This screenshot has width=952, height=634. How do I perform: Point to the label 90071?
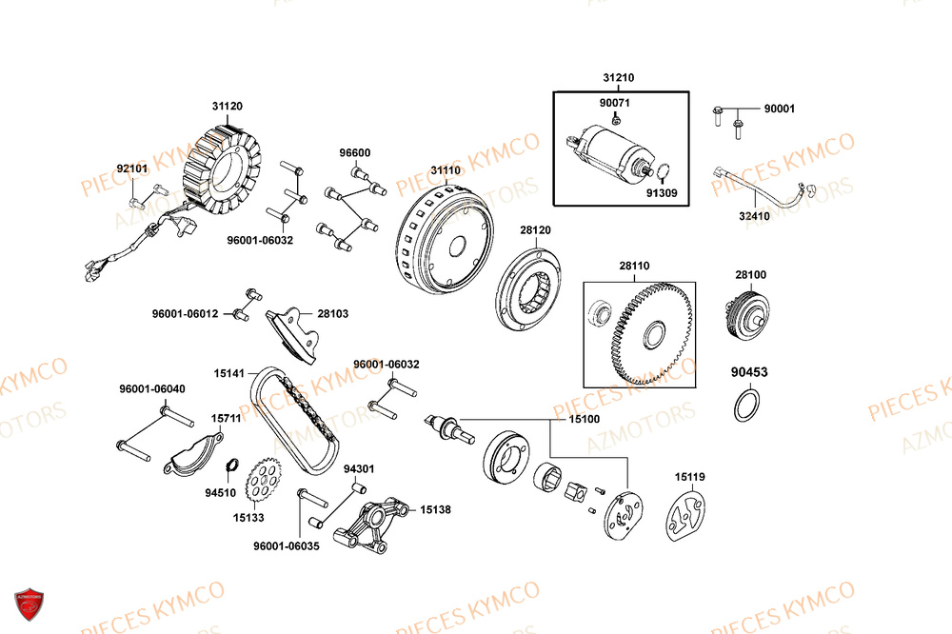pos(614,102)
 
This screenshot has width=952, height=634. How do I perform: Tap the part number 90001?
pos(779,109)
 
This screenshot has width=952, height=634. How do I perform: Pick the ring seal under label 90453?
pos(748,406)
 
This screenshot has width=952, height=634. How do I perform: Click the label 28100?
pos(750,275)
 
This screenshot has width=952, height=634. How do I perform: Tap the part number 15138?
pos(435,509)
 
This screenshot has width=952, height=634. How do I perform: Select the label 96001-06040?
pos(152,388)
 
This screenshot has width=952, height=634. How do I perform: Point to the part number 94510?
pos(220,493)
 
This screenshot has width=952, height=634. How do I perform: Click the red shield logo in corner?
pos(30,604)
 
